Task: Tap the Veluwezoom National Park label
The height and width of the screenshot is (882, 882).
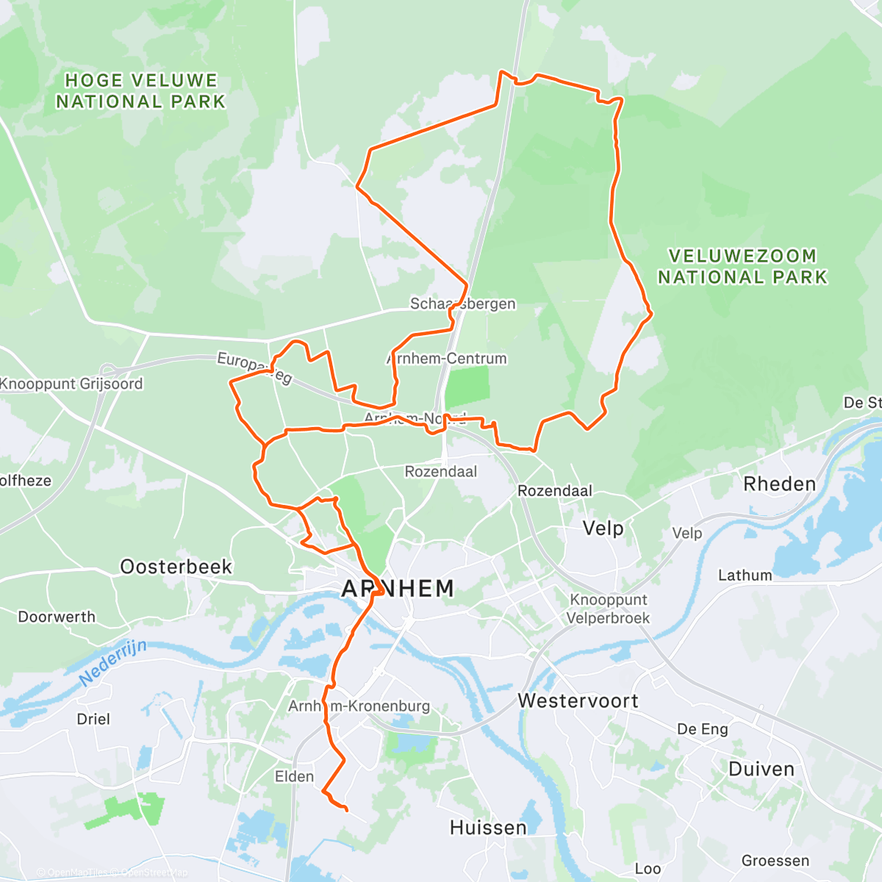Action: tap(742, 267)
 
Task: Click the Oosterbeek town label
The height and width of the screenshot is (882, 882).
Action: tap(176, 567)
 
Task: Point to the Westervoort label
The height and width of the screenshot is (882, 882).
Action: tap(578, 700)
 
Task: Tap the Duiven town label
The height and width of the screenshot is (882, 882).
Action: tap(761, 770)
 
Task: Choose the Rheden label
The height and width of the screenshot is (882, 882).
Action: tap(779, 484)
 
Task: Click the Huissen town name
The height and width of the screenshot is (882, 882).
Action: tap(488, 828)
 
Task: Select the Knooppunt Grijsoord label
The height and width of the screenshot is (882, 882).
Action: tap(71, 384)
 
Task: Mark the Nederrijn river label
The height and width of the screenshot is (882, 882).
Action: tap(113, 661)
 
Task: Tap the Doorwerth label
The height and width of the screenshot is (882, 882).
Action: tap(57, 617)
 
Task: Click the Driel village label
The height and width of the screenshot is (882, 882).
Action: tap(93, 719)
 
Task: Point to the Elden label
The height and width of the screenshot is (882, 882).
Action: tap(294, 776)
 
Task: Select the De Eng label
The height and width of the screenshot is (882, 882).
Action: tap(702, 729)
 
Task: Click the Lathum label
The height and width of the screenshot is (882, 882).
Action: tap(745, 576)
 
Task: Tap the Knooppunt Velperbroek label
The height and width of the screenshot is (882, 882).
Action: tap(608, 609)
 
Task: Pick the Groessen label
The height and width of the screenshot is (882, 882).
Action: tap(775, 861)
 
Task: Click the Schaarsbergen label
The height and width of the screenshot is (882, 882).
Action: tap(462, 304)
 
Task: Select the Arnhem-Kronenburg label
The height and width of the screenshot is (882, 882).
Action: tap(359, 706)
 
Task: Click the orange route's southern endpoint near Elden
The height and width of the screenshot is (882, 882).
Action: tap(346, 810)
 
